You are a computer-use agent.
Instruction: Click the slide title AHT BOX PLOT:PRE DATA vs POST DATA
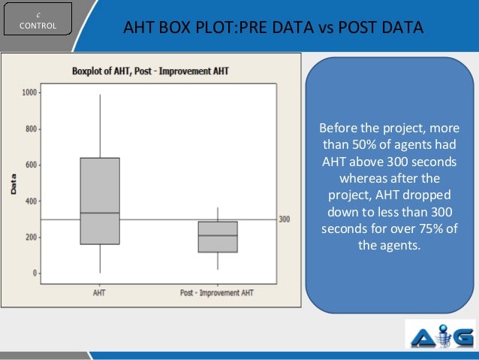pos(273,28)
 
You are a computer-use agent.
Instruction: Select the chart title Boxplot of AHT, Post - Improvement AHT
pos(150,72)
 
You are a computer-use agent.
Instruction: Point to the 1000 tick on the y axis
pos(29,92)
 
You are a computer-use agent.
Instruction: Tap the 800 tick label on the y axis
pos(31,129)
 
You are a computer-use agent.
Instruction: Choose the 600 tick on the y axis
pos(31,165)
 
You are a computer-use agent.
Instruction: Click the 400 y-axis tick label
pos(31,201)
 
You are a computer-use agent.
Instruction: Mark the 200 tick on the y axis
pos(31,237)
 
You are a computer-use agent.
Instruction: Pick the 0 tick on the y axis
pos(35,273)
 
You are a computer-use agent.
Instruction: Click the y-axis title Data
pos(13,183)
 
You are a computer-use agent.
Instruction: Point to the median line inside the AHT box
pos(100,213)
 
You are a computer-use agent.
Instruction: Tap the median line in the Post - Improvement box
pos(216,235)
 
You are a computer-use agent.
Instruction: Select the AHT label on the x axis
pos(99,292)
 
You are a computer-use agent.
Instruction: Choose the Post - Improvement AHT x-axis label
pos(217,292)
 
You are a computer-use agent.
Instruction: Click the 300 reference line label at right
pos(284,220)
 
